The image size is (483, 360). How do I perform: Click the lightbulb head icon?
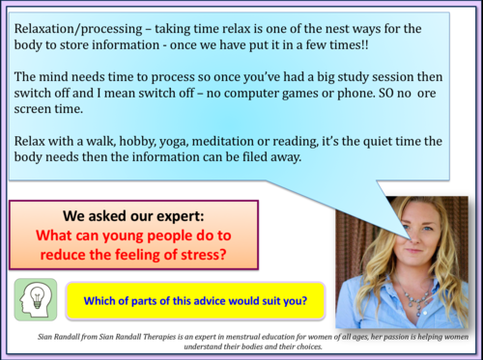(x=36, y=299)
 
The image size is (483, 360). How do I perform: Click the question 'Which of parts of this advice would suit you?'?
(x=195, y=300)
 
